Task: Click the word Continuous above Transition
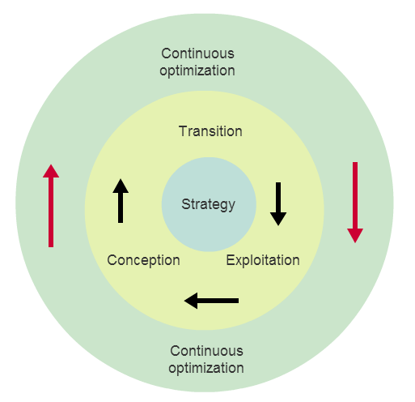(x=197, y=53)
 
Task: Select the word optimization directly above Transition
(x=197, y=71)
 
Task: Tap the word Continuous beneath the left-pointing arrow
(x=206, y=351)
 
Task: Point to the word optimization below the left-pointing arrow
(x=206, y=368)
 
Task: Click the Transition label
(x=210, y=131)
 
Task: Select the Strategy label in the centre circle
(x=208, y=204)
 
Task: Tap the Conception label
(x=143, y=260)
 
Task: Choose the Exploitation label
(x=263, y=260)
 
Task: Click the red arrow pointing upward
(x=51, y=206)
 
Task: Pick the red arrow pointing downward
(x=355, y=203)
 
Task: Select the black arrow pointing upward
(x=121, y=201)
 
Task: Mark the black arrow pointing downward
(x=278, y=204)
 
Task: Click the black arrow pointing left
(x=211, y=301)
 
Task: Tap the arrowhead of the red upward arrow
(x=51, y=171)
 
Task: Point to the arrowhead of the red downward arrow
(x=355, y=236)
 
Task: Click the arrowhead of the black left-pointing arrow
(x=191, y=301)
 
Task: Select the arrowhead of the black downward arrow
(x=278, y=219)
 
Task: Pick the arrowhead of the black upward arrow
(x=121, y=186)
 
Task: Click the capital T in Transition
(x=183, y=131)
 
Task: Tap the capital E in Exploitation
(x=230, y=260)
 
